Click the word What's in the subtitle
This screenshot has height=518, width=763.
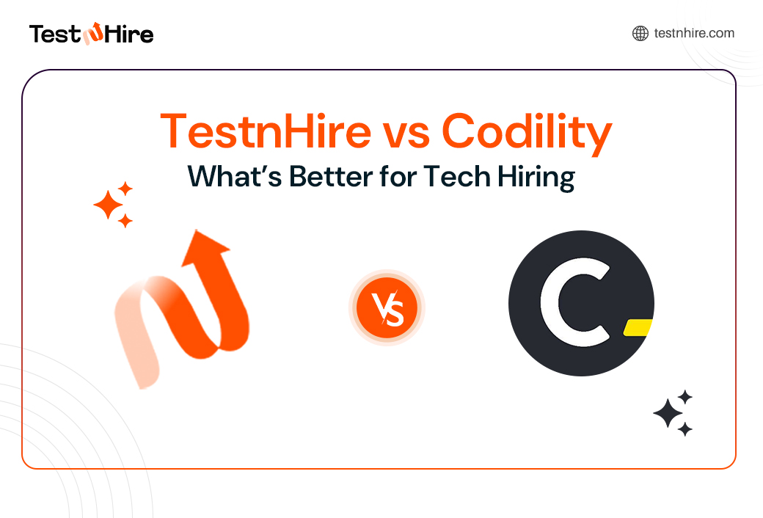coord(233,178)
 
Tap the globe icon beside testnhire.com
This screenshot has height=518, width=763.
coord(640,33)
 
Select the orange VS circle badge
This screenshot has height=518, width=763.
coord(387,307)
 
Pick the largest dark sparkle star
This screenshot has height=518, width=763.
coord(668,414)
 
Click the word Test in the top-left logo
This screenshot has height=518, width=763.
coord(54,34)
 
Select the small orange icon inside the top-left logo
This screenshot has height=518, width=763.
coord(94,34)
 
